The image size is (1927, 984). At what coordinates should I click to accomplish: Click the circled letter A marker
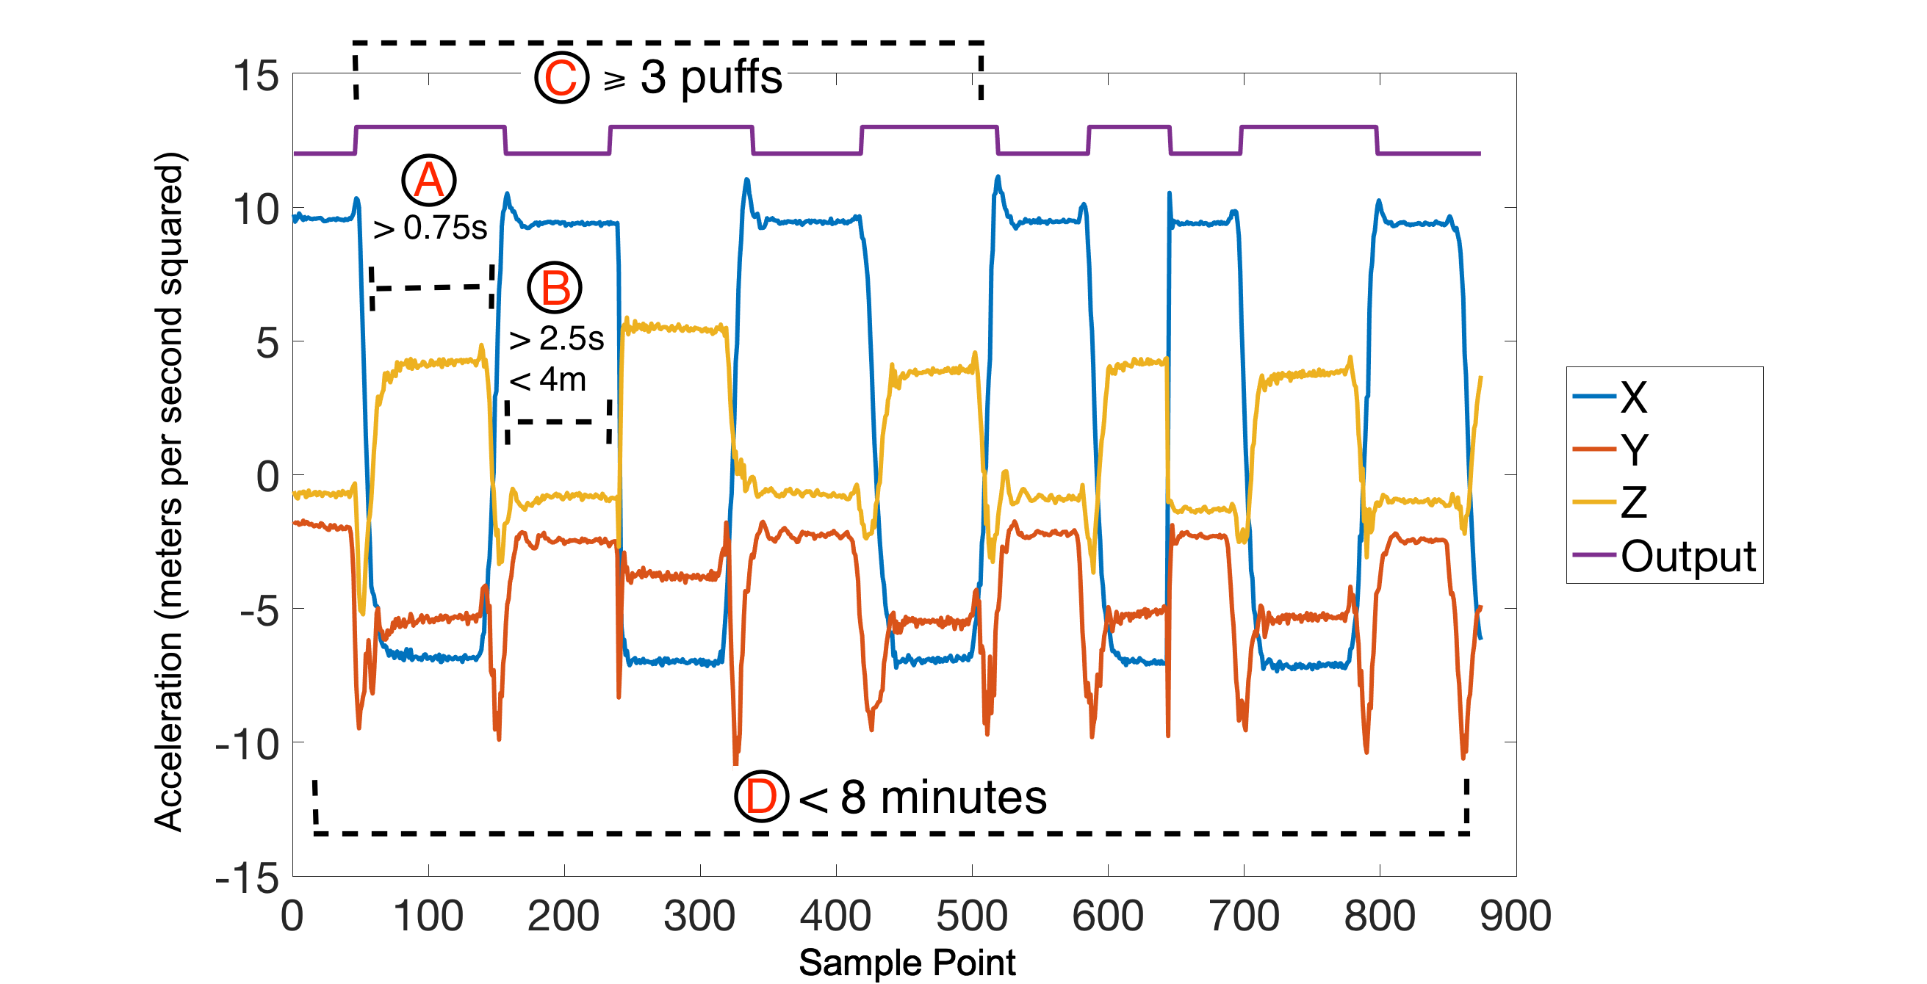pos(428,180)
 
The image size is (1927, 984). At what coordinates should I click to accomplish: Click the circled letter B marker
pos(555,288)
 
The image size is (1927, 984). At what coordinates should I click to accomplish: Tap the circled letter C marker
pos(562,77)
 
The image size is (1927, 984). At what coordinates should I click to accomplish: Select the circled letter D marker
pos(761,796)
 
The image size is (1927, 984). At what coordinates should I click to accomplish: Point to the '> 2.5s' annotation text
pos(556,339)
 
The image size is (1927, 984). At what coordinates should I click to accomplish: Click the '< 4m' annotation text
pos(547,380)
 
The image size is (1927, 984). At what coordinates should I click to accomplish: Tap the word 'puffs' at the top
pos(731,77)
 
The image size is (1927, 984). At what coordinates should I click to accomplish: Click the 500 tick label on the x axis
pos(972,916)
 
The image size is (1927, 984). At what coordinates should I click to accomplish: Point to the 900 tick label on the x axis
pos(1516,916)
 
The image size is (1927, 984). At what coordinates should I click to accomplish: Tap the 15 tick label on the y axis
pos(256,76)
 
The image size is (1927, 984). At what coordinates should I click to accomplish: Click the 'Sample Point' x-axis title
pos(907,962)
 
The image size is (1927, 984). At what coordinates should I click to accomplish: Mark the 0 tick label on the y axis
pos(267,477)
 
